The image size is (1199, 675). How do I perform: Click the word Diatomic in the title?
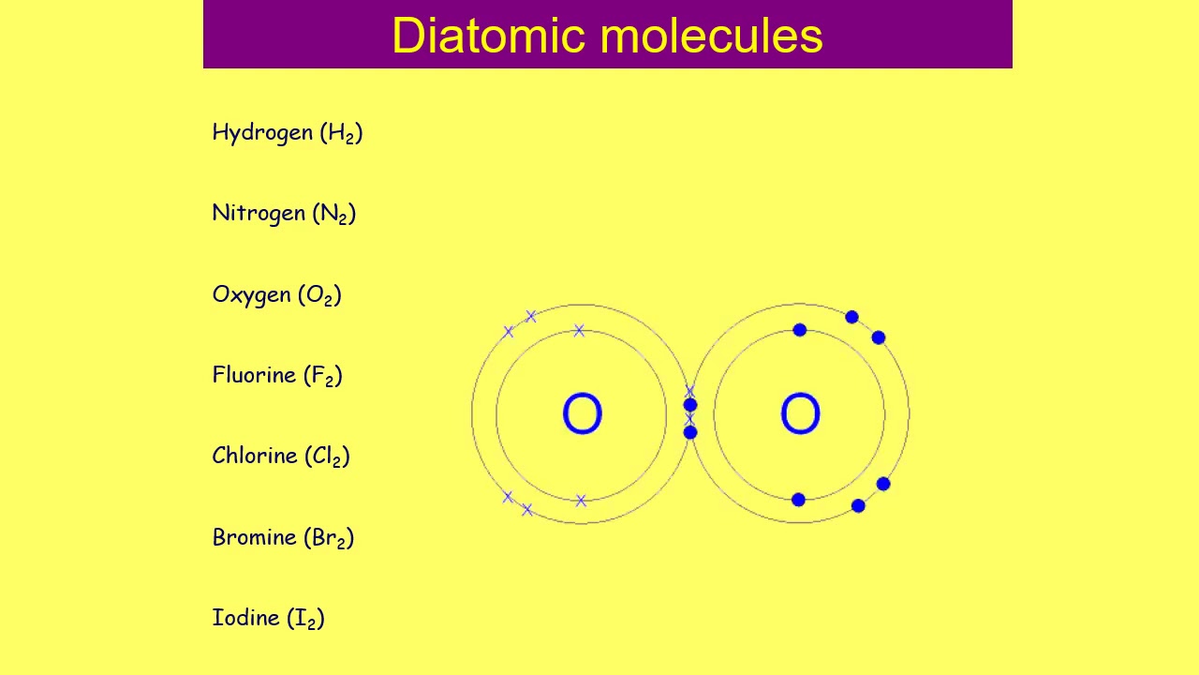click(490, 36)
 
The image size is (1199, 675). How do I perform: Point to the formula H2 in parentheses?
click(341, 133)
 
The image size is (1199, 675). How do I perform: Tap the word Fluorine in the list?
click(254, 375)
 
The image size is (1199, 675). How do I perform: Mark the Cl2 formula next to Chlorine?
click(327, 457)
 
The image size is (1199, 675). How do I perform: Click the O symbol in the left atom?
click(582, 414)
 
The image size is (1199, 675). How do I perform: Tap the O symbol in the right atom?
click(800, 414)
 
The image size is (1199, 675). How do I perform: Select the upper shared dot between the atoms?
click(690, 405)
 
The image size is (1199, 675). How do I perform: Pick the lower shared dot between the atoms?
click(690, 432)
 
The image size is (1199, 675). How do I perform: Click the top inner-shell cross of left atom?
click(579, 331)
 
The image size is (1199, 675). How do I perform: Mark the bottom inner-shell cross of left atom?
click(581, 501)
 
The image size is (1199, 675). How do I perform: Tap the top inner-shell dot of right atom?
click(800, 330)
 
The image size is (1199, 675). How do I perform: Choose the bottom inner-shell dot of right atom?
click(798, 500)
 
